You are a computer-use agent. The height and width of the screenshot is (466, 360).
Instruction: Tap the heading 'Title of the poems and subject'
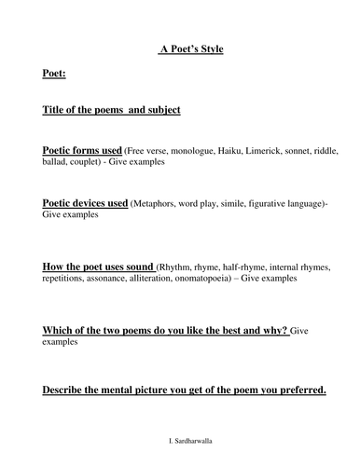pyautogui.click(x=111, y=109)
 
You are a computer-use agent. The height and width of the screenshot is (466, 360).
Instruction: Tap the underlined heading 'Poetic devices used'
pyautogui.click(x=85, y=201)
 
